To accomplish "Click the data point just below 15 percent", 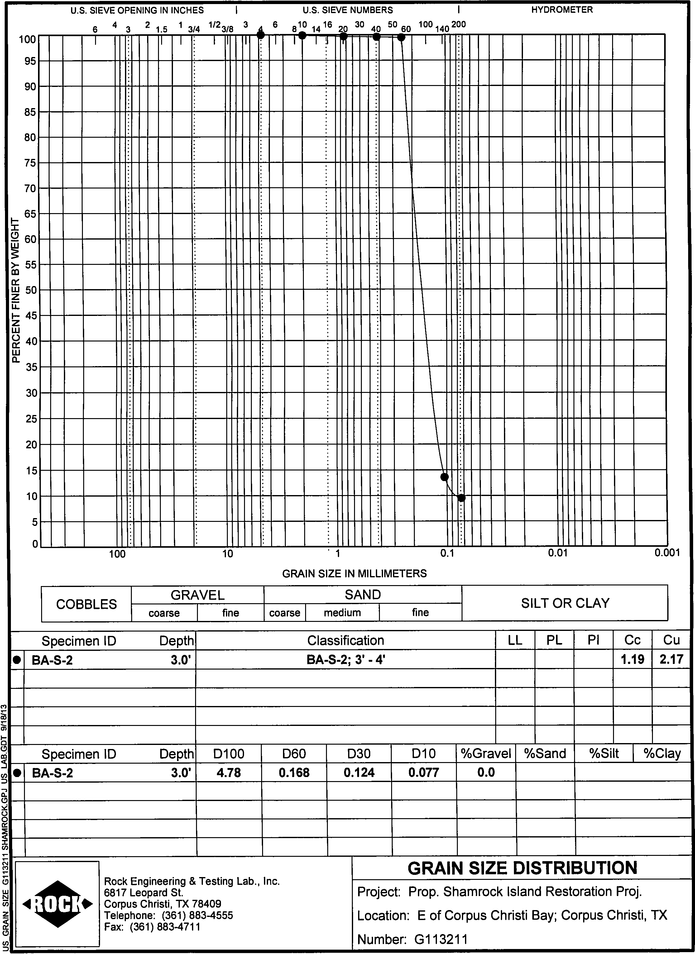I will click(x=444, y=477).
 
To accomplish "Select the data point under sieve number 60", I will click(x=401, y=37).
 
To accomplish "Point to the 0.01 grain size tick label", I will click(x=558, y=554).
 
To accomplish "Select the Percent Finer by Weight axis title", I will click(x=16, y=290).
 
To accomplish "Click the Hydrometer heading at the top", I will click(x=562, y=10).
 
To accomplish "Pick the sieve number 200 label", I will click(x=458, y=24).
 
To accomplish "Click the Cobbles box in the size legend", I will click(x=86, y=604).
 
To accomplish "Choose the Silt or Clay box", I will click(x=565, y=603).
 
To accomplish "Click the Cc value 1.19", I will click(x=632, y=659).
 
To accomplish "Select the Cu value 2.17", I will click(x=671, y=659).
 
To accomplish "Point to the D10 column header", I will click(x=423, y=753).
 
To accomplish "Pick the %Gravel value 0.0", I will click(x=486, y=773).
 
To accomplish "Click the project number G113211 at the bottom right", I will click(x=441, y=939).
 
